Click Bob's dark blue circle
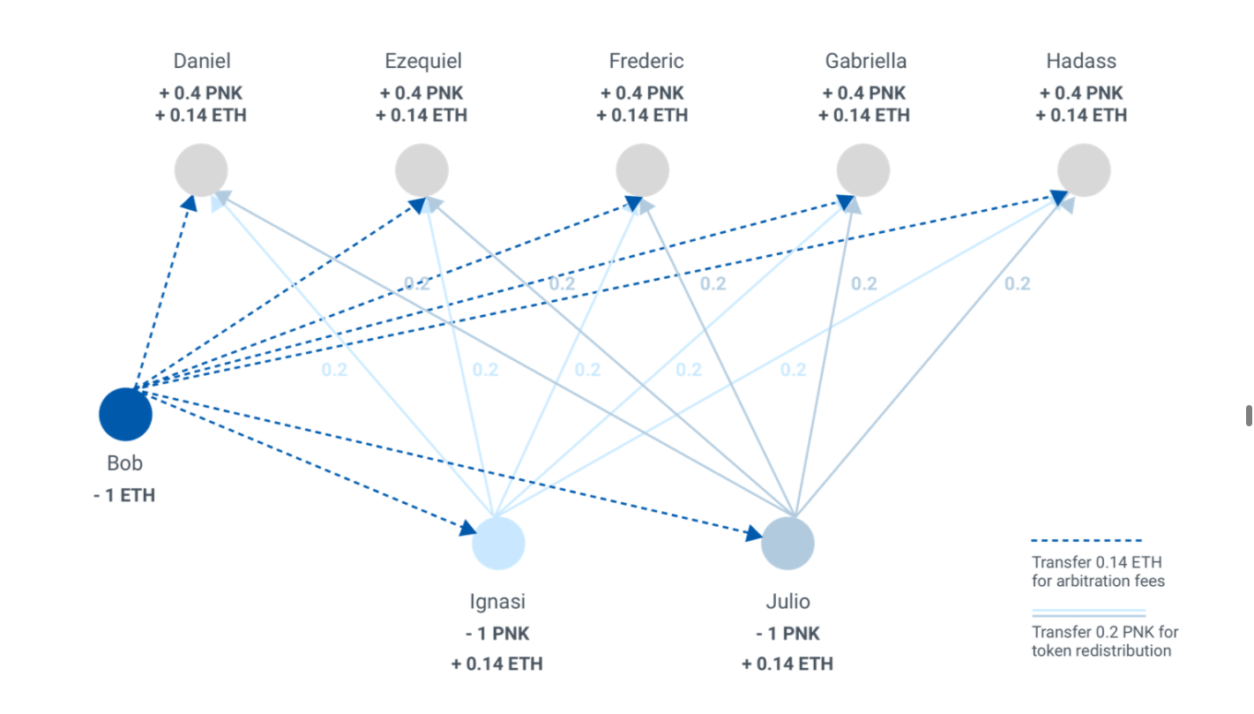[125, 413]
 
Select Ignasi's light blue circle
[498, 543]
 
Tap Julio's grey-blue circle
[787, 543]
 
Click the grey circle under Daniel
[201, 169]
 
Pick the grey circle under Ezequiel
[422, 169]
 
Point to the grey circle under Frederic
[642, 169]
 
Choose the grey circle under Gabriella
[863, 169]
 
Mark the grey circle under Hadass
[1084, 169]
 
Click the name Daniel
[202, 61]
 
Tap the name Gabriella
[866, 61]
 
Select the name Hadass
[1081, 61]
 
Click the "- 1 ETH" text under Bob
[124, 495]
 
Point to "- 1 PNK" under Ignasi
[497, 634]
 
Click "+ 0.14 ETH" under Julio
[787, 664]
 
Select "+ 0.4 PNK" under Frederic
[642, 93]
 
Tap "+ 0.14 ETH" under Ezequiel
[422, 115]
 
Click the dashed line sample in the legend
[1086, 540]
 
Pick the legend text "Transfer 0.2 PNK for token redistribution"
[1104, 642]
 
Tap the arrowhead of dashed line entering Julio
[754, 533]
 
